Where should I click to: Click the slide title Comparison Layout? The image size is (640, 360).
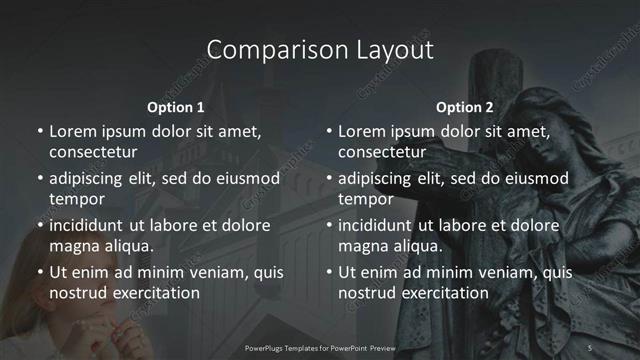click(319, 50)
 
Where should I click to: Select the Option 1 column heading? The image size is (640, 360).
click(175, 107)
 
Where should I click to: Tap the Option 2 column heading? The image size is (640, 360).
click(465, 107)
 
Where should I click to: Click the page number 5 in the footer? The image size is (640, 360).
click(590, 347)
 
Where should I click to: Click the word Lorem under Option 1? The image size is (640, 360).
click(74, 131)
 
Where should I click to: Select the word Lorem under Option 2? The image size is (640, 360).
click(363, 131)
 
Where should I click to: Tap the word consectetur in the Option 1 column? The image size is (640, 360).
click(93, 152)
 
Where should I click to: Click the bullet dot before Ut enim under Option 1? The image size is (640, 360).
click(40, 272)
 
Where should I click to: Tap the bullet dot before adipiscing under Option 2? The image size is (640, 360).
click(329, 179)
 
